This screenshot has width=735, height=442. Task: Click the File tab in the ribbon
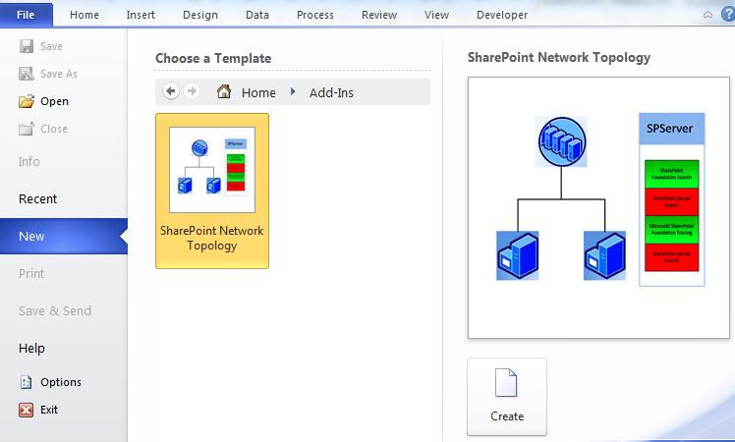(26, 15)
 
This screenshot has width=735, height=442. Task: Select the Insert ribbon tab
(140, 15)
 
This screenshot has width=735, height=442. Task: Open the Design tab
(199, 15)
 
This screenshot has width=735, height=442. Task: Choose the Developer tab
(501, 15)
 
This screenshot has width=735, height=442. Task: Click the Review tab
(378, 15)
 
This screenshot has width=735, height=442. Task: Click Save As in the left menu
(58, 74)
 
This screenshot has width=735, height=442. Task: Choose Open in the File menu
(54, 101)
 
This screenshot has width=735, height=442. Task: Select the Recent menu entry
(38, 198)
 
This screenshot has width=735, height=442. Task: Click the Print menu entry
(31, 273)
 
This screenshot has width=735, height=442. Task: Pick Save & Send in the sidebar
(55, 310)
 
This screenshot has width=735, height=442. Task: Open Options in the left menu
(61, 382)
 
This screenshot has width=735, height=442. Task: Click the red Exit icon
(27, 410)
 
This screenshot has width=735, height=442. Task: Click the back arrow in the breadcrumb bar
(171, 91)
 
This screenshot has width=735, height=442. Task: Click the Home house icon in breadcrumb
(224, 92)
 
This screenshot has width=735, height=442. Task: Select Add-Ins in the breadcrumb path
(331, 92)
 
